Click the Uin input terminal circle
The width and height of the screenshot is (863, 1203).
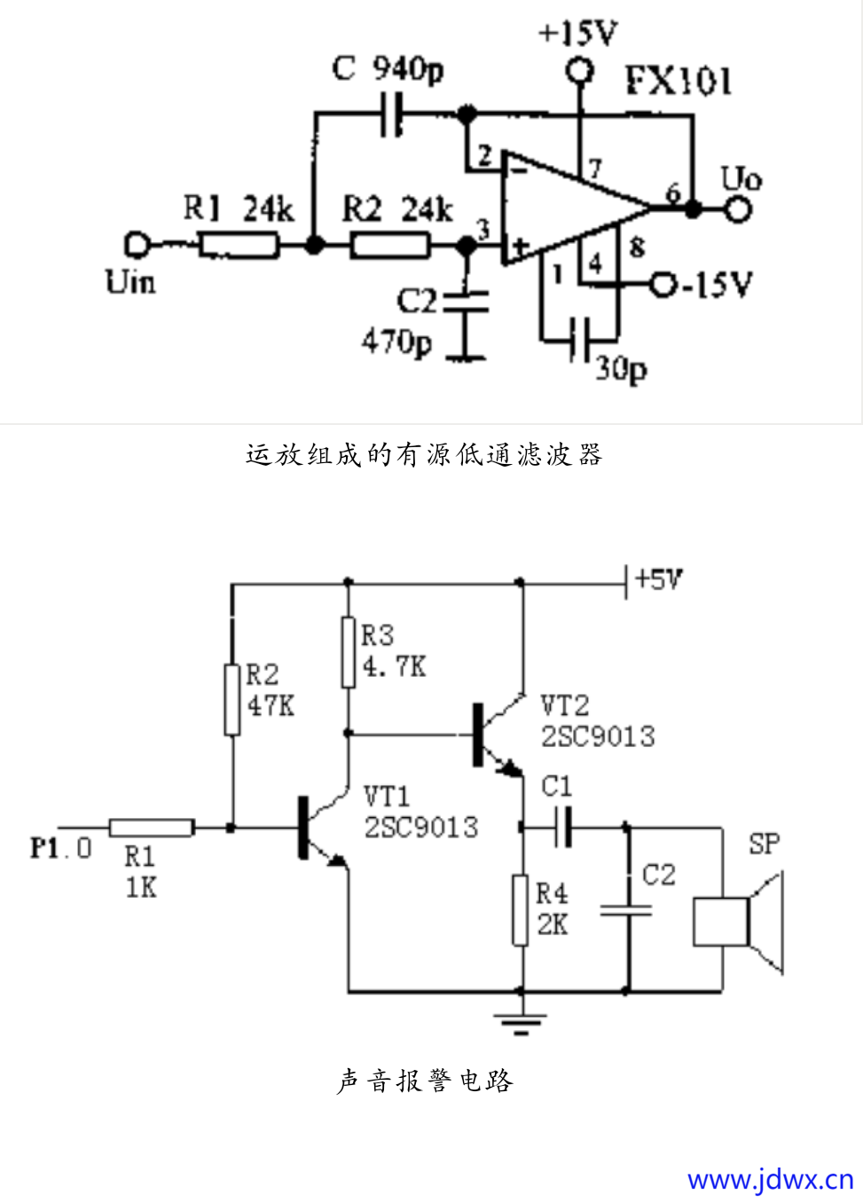pyautogui.click(x=137, y=244)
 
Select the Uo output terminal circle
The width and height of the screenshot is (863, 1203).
pyautogui.click(x=738, y=209)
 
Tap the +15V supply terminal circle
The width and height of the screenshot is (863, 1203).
pyautogui.click(x=580, y=70)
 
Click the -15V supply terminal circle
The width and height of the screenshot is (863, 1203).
pyautogui.click(x=663, y=285)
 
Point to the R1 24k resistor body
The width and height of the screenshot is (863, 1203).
pyautogui.click(x=238, y=245)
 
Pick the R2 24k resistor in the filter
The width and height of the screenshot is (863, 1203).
pyautogui.click(x=390, y=245)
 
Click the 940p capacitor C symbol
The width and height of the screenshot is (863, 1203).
pyautogui.click(x=391, y=114)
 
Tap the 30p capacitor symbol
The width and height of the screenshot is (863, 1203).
pyautogui.click(x=579, y=339)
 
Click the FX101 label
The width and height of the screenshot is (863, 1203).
pyautogui.click(x=679, y=81)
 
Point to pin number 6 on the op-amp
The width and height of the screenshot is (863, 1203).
pyautogui.click(x=673, y=193)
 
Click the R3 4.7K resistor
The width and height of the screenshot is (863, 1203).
pyautogui.click(x=349, y=653)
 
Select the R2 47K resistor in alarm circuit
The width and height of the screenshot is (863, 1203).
pyautogui.click(x=232, y=700)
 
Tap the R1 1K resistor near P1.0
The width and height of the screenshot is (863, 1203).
pyautogui.click(x=152, y=828)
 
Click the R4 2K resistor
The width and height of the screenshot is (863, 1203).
pyautogui.click(x=521, y=909)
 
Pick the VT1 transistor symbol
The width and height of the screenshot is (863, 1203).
pyautogui.click(x=319, y=827)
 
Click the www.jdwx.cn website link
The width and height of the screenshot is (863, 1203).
pyautogui.click(x=769, y=1179)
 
